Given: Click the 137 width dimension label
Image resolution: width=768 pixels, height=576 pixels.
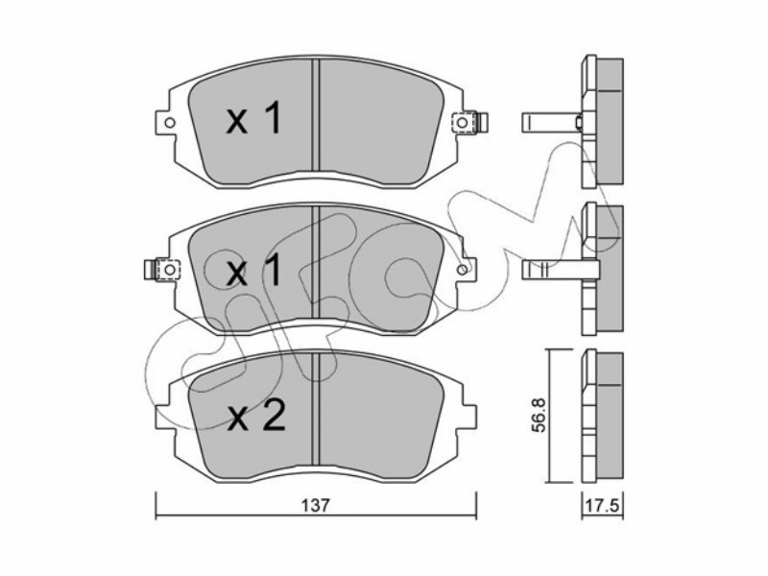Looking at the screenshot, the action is pos(316,505).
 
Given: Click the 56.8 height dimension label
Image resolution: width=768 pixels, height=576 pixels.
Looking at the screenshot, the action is pos(539,415).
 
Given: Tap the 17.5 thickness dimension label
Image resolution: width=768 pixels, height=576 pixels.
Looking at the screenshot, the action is pos(603,505).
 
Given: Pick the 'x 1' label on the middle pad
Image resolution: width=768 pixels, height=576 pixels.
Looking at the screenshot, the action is pos(253,270).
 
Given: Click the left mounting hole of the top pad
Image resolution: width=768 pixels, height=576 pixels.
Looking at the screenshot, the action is pos(170,123).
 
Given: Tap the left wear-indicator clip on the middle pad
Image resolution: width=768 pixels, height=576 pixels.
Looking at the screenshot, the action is pos(162,270).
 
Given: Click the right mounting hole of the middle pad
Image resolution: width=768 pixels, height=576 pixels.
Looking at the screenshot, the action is pos(462,270).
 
